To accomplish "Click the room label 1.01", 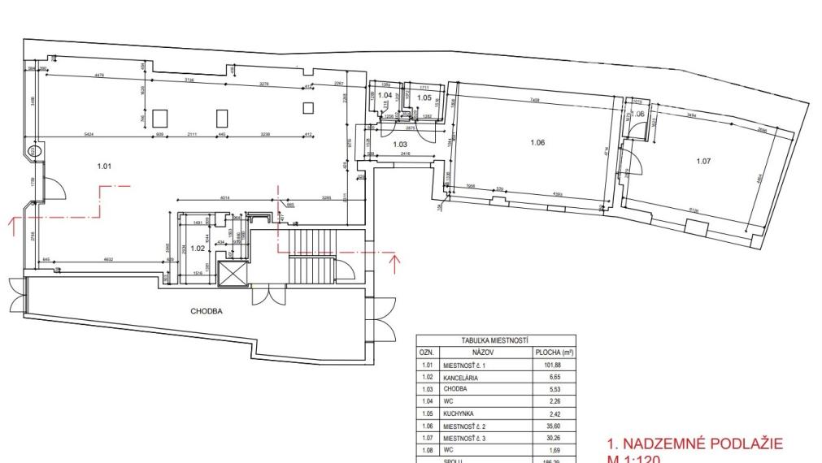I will point(103,167).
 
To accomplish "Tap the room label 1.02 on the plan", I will point(198,249).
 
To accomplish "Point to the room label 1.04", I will point(385,96).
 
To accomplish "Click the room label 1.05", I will point(424,98).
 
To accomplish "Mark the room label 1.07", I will point(704,161).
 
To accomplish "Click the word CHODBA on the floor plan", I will point(207,311).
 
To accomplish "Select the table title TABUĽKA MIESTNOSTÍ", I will point(496,341).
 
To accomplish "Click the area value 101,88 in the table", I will point(554,366).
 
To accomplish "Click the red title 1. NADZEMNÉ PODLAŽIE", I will point(694,444).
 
